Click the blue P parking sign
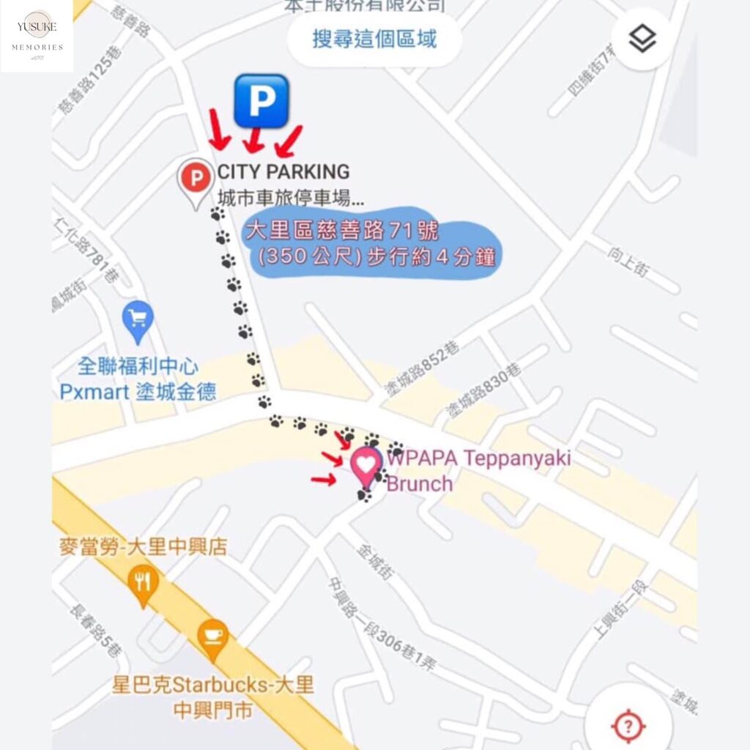[x=261, y=101]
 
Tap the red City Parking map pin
[x=196, y=179]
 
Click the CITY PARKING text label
[x=283, y=172]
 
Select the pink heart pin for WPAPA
[x=366, y=464]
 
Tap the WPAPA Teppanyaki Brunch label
[x=478, y=471]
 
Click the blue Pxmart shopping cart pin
[x=138, y=319]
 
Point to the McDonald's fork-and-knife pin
[x=143, y=584]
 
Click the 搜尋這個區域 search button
[x=374, y=40]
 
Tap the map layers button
[x=642, y=40]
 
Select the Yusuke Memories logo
[x=37, y=36]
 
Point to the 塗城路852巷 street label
[x=415, y=377]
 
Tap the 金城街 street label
[x=375, y=562]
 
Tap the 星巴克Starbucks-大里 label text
[x=212, y=686]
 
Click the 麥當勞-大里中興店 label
[x=143, y=546]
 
